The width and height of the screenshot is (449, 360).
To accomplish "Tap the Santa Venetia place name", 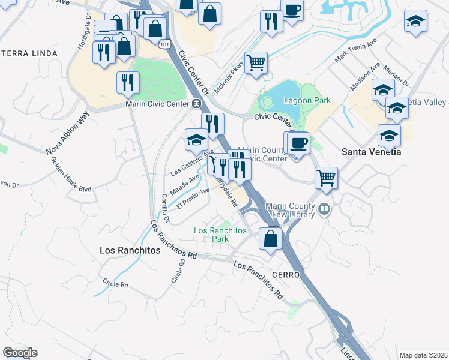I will coord(371,152).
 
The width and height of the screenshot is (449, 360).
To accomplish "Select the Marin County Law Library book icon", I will coord(325,209).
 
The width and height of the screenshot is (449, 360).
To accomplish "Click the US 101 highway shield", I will coord(165,44).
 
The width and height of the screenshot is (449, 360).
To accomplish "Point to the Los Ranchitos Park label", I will coord(220,235).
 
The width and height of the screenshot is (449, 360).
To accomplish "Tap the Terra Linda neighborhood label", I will coord(29,53).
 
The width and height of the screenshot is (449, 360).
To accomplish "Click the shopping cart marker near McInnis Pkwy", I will coord(256,62).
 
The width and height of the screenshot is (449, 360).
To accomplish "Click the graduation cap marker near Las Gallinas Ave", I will coord(196,140).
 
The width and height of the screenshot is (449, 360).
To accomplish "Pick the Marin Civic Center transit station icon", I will coord(196,103).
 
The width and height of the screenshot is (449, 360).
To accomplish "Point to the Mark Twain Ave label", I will coord(355,52).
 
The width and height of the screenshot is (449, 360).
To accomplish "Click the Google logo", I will coord(20,353).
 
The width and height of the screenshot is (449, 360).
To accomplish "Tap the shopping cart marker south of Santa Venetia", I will coord(327,177).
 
